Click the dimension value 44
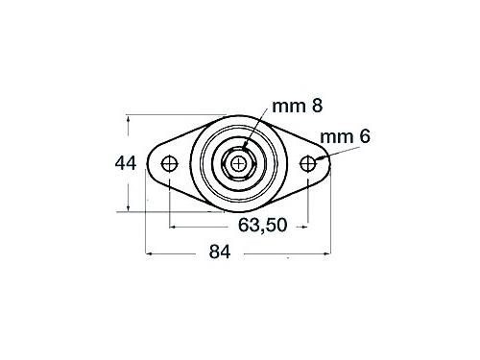tap(126, 163)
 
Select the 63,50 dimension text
tap(262, 225)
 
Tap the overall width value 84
tap(220, 252)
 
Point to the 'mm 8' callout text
tap(298, 106)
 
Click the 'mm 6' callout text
tap(345, 136)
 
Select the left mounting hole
tap(169, 164)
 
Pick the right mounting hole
tap(308, 163)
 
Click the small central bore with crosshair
tap(238, 164)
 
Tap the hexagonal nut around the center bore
tap(238, 164)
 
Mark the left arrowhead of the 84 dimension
tap(149, 253)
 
